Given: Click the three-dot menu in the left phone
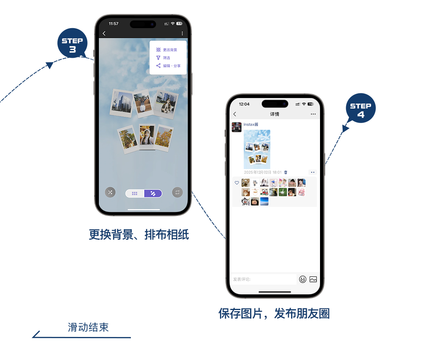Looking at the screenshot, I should pos(182,34).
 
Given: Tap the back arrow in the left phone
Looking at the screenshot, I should pos(104,34).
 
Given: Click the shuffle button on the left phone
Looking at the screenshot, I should pos(110,192).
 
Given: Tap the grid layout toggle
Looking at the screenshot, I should pos(135,193).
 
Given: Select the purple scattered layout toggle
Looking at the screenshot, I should pos(153,193).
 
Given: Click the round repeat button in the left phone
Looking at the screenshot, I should pos(177,192).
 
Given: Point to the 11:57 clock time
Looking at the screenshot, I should pos(114,24).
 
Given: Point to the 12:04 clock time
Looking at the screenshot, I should pos(244,104).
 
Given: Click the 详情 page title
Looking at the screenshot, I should pos(275,114).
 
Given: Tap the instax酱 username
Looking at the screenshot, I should pos(251,125).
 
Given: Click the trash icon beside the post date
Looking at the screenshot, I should pos(286,172).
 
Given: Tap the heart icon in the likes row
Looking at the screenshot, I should pos(237,183).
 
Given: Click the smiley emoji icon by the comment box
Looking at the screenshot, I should pos(303,279).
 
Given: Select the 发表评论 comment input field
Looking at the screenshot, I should pos(264,279).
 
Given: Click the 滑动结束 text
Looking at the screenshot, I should pos(88,328).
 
